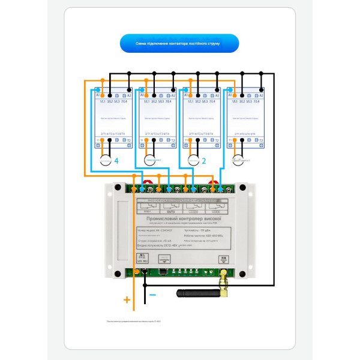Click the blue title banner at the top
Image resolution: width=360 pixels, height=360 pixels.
coord(179,43)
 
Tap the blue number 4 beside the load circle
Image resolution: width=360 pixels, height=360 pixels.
coord(117,161)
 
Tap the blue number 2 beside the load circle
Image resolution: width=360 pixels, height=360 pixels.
coord(204,161)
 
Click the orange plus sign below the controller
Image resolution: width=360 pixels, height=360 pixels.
coord(127,299)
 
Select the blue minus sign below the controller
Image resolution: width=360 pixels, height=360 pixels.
coord(152,295)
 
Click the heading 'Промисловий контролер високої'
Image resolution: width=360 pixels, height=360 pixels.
coord(179,221)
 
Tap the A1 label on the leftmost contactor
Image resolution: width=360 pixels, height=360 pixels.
coord(98,95)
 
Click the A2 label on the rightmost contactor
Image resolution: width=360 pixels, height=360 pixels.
coord(260,95)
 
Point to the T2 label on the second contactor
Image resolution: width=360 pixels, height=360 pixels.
coord(172,141)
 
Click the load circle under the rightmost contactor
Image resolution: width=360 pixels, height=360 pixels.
coord(238,161)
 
